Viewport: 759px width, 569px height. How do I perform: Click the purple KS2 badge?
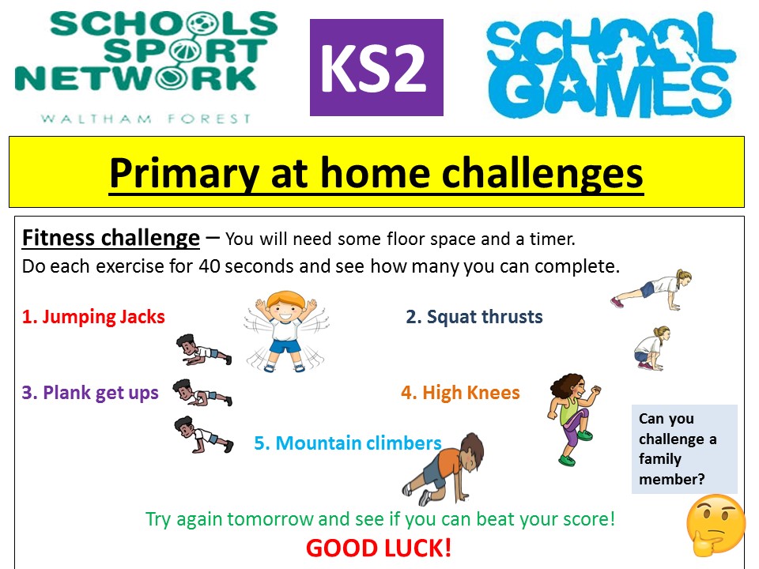click(376, 67)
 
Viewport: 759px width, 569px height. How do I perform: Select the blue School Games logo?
click(611, 66)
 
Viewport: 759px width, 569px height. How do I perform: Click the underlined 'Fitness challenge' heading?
click(111, 238)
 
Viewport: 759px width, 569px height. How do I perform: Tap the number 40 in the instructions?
click(209, 266)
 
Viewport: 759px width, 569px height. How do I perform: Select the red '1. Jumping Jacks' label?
click(93, 317)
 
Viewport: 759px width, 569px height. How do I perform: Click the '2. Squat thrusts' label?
click(474, 317)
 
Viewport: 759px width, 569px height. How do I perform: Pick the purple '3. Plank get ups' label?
click(90, 393)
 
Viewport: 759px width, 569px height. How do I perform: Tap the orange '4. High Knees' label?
click(460, 393)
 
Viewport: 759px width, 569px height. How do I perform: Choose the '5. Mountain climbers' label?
click(348, 443)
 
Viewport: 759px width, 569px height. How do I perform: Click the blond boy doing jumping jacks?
click(286, 331)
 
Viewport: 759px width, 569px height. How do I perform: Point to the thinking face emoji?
click(716, 524)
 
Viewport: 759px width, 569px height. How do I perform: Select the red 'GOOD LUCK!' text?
click(379, 548)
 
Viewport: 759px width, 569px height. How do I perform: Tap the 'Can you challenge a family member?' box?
click(685, 449)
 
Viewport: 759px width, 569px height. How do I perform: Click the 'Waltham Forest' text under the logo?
click(145, 119)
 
